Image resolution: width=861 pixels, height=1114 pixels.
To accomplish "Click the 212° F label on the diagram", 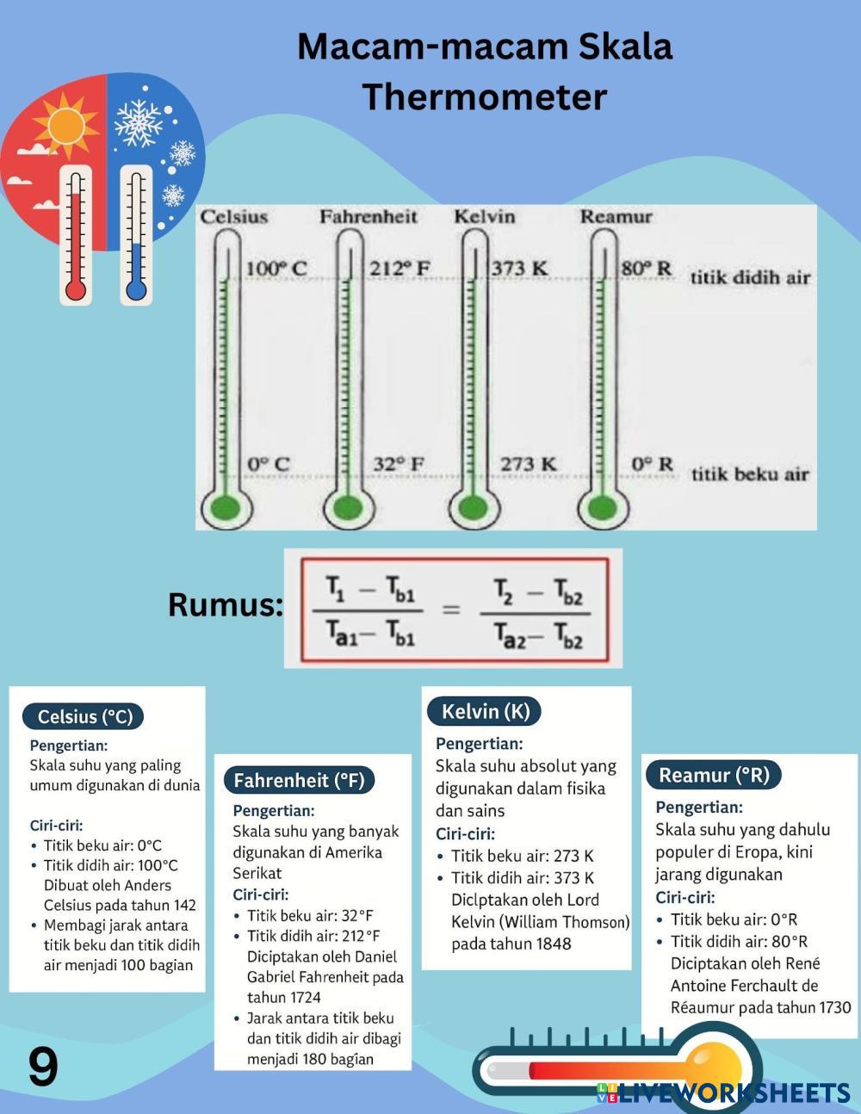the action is (x=400, y=269).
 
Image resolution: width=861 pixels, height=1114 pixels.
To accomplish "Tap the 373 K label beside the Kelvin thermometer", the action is (x=519, y=269).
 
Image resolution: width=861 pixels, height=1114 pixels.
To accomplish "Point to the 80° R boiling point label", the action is (x=647, y=268).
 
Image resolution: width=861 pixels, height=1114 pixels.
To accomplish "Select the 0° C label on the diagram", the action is (x=269, y=464).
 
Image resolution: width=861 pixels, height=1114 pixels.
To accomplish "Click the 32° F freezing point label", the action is (x=399, y=464).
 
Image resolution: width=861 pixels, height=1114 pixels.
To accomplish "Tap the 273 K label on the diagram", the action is (x=529, y=464).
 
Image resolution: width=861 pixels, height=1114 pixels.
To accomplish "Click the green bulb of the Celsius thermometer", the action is (x=225, y=507).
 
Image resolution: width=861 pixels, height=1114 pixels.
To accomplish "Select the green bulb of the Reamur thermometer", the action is (x=598, y=507).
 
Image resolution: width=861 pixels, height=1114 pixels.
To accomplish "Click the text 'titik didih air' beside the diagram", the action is (x=750, y=277).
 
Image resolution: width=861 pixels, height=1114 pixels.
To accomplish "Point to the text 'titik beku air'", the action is (x=750, y=473).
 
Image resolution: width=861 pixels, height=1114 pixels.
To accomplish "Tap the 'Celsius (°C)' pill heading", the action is (x=85, y=716).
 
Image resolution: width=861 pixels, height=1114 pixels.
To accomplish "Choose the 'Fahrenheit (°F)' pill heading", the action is (x=300, y=780).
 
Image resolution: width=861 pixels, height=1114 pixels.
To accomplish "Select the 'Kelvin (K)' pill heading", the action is (x=486, y=711).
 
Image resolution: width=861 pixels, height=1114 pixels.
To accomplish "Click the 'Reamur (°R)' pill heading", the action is (x=714, y=775).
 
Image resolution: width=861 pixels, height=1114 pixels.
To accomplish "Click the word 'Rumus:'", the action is (x=226, y=604).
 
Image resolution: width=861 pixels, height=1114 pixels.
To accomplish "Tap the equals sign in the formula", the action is (x=451, y=610).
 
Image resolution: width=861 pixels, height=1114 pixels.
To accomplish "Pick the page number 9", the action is (x=43, y=1068).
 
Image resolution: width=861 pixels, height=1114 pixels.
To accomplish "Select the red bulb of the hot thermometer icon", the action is (x=76, y=289).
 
